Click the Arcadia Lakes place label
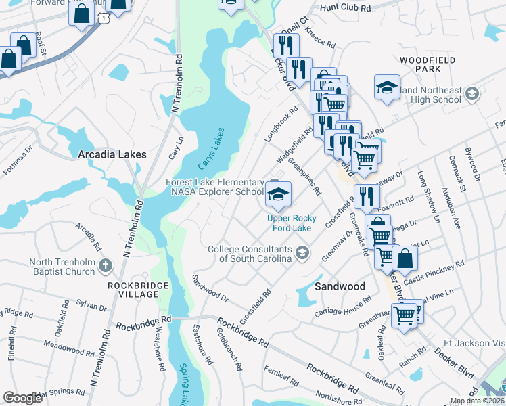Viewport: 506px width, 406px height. [112, 154]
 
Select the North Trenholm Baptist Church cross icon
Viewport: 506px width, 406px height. [105, 267]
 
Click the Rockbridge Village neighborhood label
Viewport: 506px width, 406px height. [137, 291]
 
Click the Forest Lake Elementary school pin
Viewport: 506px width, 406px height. [277, 194]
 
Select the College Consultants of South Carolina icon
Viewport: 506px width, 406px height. [302, 254]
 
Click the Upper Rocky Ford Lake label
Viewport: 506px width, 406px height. [298, 223]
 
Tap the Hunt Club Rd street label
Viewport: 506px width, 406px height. [346, 8]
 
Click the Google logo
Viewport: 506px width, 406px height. [22, 398]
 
